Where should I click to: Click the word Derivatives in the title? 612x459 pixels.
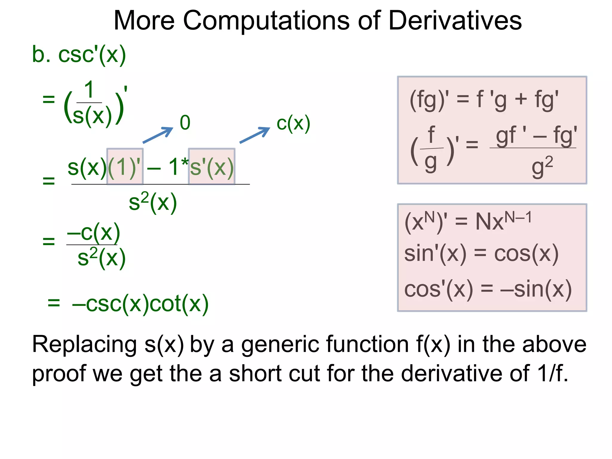[455, 20]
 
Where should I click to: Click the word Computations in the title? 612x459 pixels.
[266, 20]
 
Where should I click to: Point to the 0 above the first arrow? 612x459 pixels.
[185, 123]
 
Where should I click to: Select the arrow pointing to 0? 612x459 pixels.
[158, 135]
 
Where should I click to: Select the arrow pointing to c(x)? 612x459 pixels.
[255, 135]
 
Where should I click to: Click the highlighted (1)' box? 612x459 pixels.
[125, 166]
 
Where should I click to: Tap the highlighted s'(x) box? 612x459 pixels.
[212, 166]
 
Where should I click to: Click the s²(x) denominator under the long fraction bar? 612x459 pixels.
[153, 202]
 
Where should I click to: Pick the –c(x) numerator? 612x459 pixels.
[93, 233]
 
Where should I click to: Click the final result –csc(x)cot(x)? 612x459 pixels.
[140, 304]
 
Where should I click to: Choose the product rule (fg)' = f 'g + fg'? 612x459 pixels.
[484, 100]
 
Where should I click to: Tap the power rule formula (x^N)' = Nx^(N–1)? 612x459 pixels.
[468, 221]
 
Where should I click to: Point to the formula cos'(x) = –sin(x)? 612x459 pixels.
[488, 289]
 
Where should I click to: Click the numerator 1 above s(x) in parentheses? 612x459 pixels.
[89, 90]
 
